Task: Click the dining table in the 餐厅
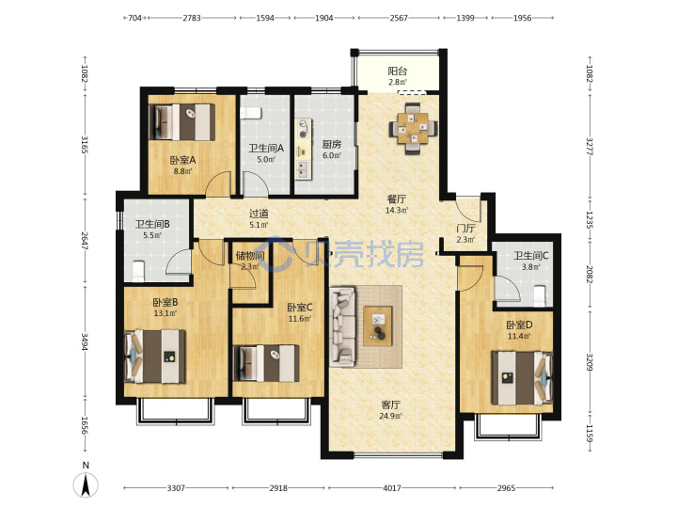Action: [x=413, y=128]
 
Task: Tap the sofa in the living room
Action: [x=343, y=326]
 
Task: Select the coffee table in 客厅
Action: [x=378, y=326]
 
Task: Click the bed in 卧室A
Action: [x=182, y=121]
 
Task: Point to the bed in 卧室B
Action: [x=155, y=357]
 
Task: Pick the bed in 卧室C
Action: [x=266, y=363]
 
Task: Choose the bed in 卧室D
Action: [x=523, y=378]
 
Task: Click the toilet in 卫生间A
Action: [x=251, y=113]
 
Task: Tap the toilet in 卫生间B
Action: [x=137, y=271]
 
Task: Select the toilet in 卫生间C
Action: [x=540, y=296]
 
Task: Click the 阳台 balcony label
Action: [x=397, y=71]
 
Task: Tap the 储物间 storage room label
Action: [x=250, y=256]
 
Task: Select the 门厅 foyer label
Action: [x=465, y=229]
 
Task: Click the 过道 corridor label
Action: [x=260, y=214]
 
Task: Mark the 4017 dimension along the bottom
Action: [x=391, y=488]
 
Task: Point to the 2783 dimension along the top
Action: [x=192, y=18]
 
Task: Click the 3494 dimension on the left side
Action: [x=85, y=341]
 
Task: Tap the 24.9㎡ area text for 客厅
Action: [x=391, y=416]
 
